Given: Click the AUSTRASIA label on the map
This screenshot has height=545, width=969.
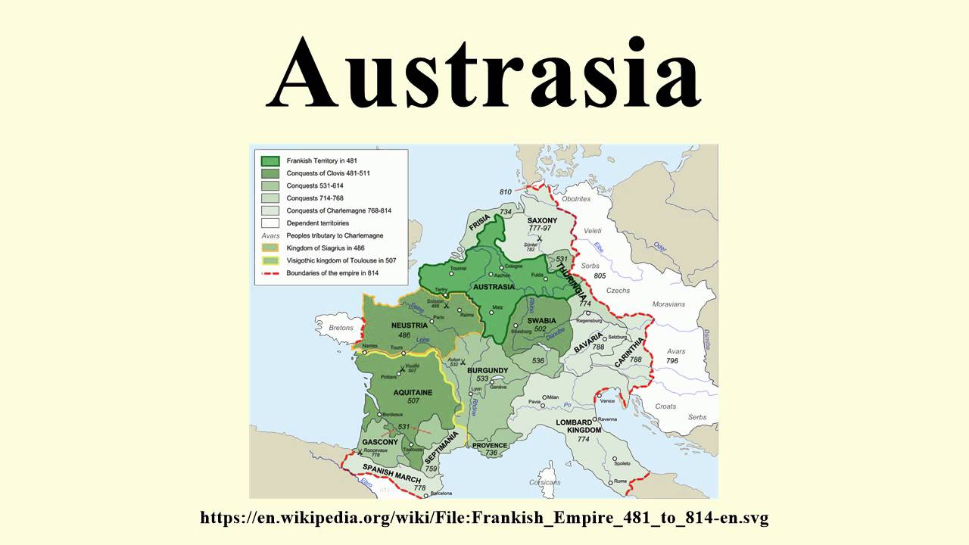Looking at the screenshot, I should [x=494, y=287].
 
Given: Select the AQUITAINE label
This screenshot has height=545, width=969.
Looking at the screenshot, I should [x=413, y=392].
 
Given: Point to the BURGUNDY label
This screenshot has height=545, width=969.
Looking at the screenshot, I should [x=488, y=370].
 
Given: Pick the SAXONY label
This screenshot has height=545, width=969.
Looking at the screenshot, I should [x=542, y=220].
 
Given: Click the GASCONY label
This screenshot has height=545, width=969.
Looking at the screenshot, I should [x=380, y=442].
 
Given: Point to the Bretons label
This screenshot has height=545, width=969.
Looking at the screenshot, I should [x=341, y=328].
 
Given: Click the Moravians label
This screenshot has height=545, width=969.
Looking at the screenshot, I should [x=668, y=304].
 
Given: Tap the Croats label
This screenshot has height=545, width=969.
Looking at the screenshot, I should [x=665, y=406].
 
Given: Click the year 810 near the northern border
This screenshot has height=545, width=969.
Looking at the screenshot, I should [x=506, y=192].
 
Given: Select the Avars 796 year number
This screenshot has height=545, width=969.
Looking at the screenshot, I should [x=671, y=361].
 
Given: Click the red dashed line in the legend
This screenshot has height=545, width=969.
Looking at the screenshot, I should [x=270, y=273].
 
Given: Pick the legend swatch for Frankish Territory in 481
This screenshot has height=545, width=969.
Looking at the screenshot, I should [x=270, y=161].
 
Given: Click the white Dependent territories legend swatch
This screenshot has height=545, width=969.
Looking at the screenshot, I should [x=270, y=223].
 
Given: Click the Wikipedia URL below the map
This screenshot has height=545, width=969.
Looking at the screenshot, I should [x=484, y=519].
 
